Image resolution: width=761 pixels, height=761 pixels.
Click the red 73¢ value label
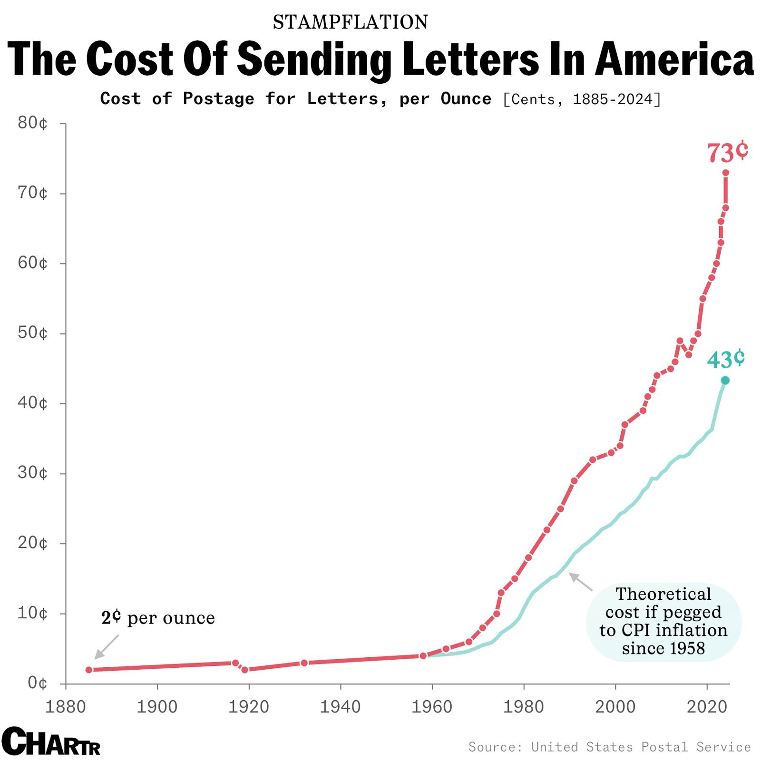727,153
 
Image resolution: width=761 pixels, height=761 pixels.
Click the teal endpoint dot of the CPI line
725,380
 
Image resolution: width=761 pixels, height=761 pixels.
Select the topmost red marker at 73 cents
725,173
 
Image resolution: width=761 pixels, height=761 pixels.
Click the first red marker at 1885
89,670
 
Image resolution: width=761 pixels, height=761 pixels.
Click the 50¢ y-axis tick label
33,333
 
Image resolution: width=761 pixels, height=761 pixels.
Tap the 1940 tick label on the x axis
340,707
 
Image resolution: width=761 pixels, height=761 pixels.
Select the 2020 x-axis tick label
707,707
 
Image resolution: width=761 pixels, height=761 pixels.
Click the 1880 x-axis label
65,707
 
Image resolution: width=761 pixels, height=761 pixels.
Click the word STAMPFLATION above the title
351,22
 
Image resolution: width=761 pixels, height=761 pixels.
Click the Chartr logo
50,741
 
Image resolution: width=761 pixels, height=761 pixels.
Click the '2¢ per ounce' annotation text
158,617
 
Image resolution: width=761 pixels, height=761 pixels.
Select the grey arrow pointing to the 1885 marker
106,647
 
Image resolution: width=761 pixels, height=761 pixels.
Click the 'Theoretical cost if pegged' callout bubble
663,621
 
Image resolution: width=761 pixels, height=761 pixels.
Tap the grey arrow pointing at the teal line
581,582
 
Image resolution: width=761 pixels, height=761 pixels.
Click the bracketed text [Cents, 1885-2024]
582,99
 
